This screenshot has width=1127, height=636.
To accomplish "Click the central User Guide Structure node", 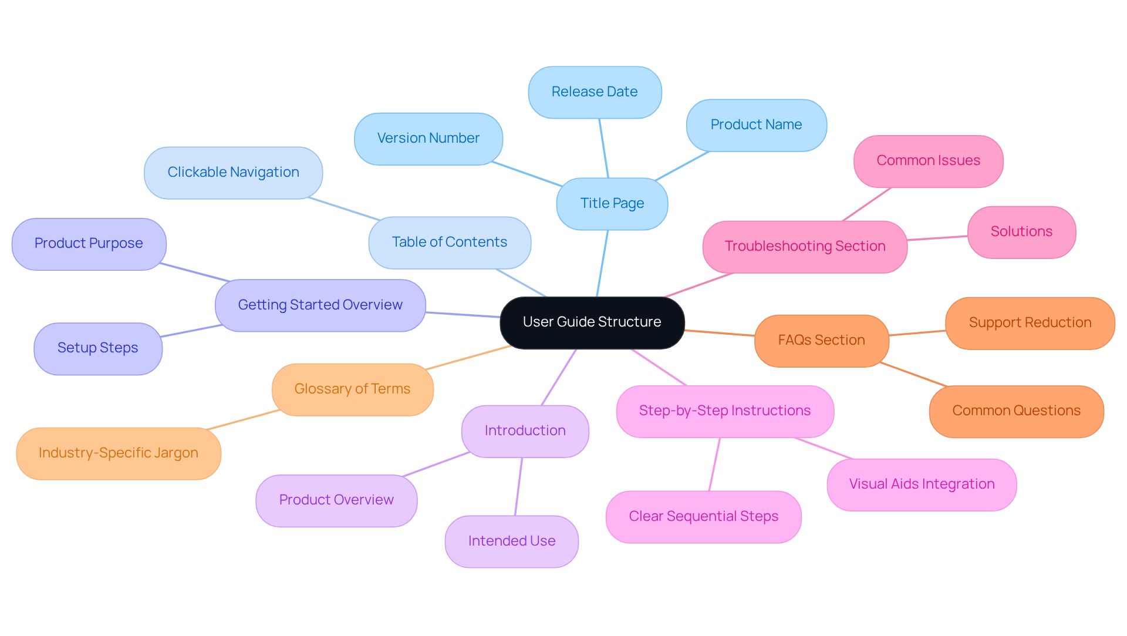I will click(592, 322).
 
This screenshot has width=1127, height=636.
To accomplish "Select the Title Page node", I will click(612, 204).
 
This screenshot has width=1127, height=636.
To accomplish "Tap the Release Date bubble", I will click(595, 92).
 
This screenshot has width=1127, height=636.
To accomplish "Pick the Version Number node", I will click(428, 139).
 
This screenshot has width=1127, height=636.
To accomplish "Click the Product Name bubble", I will click(756, 125).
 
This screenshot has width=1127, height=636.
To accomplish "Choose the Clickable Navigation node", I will click(233, 173).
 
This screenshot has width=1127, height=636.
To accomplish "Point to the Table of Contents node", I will click(449, 243).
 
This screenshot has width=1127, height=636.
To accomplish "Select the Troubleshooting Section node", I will click(805, 247).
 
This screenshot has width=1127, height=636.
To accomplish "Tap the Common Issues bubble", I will click(928, 161).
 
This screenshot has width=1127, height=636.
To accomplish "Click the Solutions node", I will click(1021, 232).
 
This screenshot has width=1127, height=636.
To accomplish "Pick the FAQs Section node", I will click(821, 341).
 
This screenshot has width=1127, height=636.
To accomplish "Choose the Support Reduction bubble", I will click(1030, 323).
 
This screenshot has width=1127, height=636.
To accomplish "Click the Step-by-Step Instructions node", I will click(724, 411).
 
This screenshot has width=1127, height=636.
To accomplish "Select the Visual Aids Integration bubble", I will click(922, 484).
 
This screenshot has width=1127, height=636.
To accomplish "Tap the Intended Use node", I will click(511, 541).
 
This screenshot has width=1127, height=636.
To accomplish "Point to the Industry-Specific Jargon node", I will click(119, 453).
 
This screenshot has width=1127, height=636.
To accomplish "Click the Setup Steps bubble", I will click(97, 348).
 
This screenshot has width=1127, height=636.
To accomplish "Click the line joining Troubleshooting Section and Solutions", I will click(937, 238).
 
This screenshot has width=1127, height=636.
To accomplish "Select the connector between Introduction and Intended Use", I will click(519, 486).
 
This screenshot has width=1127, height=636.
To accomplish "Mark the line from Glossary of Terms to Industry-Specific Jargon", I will click(244, 419).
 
